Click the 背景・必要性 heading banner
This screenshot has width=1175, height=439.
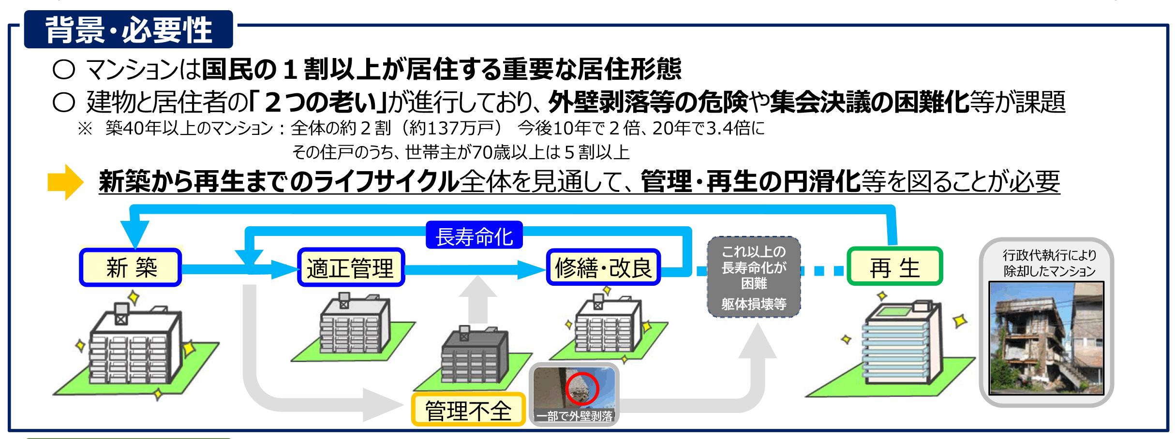coord(129,29)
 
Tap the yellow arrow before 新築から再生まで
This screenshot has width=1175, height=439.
coord(65,182)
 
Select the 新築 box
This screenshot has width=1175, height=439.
coord(131,267)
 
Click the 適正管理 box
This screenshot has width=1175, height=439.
coord(351,267)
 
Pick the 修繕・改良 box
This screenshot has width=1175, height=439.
coord(603,267)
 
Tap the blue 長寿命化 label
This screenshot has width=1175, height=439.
coord(474,235)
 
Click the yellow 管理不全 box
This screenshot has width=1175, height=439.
coord(468,410)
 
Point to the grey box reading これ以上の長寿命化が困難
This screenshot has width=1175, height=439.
coord(754,277)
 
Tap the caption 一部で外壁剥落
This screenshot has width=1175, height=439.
coord(574,416)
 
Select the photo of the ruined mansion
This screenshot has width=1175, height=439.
coord(1047,338)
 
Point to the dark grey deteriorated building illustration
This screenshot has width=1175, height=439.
coord(475,358)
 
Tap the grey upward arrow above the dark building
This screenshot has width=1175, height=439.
coord(478,300)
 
